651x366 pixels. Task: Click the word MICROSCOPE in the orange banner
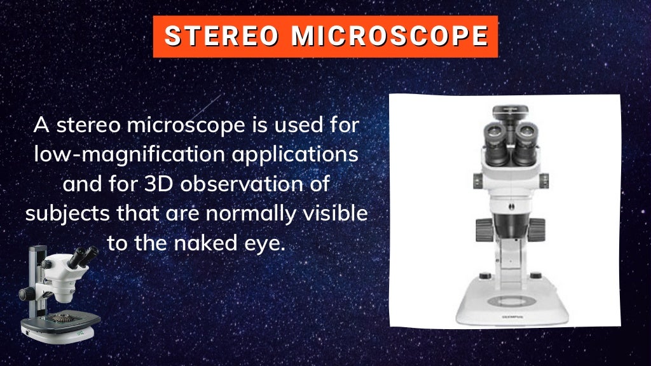coord(390,36)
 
